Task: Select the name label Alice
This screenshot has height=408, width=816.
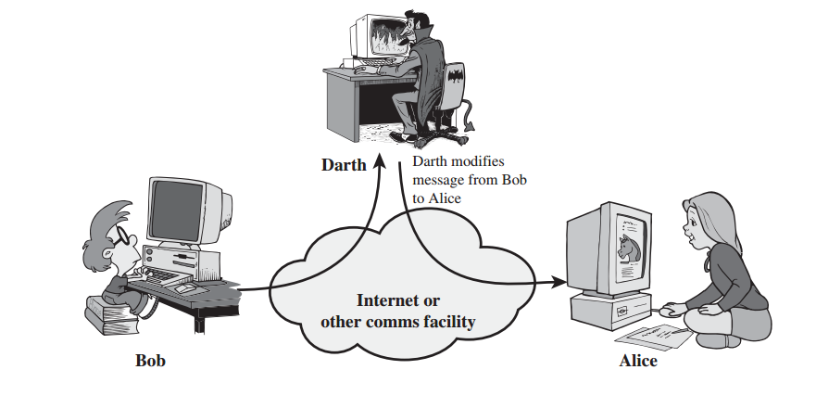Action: [638, 361]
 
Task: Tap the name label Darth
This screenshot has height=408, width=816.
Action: [343, 165]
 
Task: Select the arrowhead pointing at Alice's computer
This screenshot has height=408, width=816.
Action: [559, 277]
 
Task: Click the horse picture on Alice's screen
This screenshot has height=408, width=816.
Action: [628, 247]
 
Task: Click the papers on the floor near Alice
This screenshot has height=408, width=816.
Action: [648, 335]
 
